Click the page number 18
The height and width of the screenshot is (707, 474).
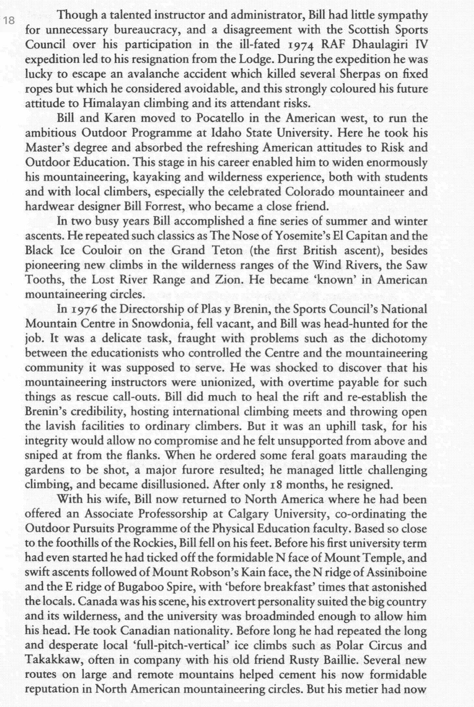[9, 21]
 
